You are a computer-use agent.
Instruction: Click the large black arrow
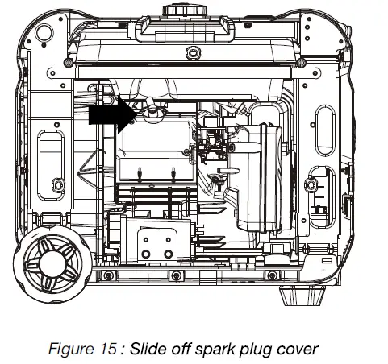(x=113, y=115)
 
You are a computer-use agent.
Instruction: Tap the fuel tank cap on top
(x=185, y=10)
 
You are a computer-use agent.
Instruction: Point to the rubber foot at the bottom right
(x=302, y=296)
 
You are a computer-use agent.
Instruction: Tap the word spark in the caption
(x=216, y=349)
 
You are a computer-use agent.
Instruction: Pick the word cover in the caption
(x=298, y=349)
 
